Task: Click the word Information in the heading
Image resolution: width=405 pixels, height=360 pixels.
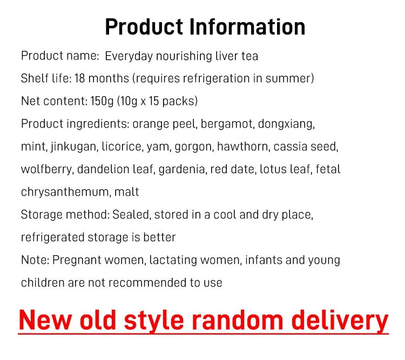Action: (247, 26)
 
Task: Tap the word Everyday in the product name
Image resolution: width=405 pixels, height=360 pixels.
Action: (129, 56)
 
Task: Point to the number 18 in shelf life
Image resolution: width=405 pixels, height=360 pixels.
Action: (79, 78)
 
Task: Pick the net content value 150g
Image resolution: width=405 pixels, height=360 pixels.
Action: (102, 101)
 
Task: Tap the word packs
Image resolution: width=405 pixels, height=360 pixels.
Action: (178, 101)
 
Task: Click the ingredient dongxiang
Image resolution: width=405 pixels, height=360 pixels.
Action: (286, 124)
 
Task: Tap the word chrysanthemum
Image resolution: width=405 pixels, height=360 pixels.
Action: (66, 192)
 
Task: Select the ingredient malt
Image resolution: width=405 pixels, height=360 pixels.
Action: (126, 192)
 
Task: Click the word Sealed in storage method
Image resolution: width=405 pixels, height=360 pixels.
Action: (132, 215)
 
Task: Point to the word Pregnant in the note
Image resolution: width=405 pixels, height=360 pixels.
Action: (77, 260)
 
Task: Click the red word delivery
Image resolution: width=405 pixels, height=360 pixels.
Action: (340, 321)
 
